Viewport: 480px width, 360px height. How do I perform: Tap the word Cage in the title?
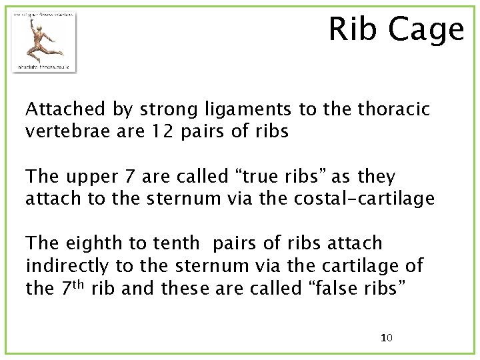coord(427,30)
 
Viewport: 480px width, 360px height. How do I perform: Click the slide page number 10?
coord(386,338)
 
